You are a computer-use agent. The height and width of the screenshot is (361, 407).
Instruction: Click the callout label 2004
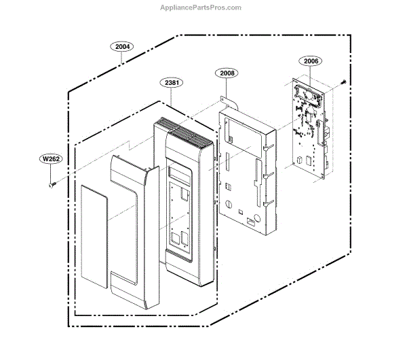123,47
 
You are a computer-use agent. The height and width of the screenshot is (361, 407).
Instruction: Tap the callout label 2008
227,73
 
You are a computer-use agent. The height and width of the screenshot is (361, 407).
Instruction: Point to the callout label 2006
311,61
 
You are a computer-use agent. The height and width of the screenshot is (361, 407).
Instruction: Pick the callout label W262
51,160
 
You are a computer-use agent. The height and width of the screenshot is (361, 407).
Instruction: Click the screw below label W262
50,183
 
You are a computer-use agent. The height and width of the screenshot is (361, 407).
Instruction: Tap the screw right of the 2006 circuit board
342,82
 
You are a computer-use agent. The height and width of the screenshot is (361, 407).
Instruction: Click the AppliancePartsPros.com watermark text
199,7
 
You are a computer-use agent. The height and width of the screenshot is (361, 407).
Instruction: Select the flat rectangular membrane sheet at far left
94,231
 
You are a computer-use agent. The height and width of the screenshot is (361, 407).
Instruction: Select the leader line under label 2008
227,88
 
